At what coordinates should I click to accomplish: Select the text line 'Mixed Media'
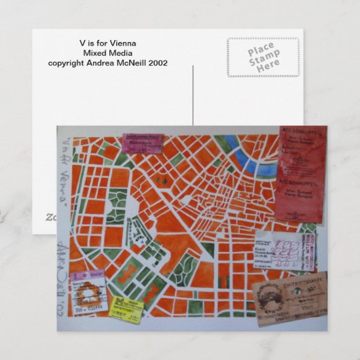point(107,53)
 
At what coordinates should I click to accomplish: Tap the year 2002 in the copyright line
point(156,63)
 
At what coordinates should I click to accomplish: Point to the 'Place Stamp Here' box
point(263,57)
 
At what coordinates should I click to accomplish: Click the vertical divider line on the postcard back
point(194,95)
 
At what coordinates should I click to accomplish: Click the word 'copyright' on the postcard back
point(65,63)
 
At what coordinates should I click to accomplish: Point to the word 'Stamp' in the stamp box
point(263,57)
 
